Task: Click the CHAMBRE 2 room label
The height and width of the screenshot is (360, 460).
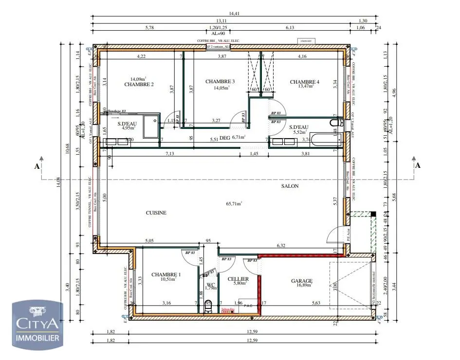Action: coord(139,85)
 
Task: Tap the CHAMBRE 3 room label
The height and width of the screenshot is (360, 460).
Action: coord(220,81)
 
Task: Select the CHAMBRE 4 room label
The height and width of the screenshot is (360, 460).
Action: coord(305,82)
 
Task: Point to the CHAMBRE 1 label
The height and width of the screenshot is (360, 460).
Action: coord(166,274)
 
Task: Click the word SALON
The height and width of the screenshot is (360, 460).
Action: coord(290,186)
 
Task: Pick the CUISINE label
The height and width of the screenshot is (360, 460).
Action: coord(156,213)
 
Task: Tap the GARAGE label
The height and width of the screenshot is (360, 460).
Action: coord(302,281)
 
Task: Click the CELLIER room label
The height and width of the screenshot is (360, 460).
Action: coord(239,279)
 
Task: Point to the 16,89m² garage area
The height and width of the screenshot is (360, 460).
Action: coord(302,286)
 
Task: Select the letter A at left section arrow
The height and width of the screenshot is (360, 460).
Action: coord(37,166)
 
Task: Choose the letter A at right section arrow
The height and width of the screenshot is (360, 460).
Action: coord(417,166)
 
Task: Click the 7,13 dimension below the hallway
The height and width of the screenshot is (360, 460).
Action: coord(169,154)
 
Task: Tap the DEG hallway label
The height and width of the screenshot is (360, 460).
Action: coord(224,138)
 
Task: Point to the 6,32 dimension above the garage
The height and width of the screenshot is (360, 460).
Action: coord(281,246)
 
